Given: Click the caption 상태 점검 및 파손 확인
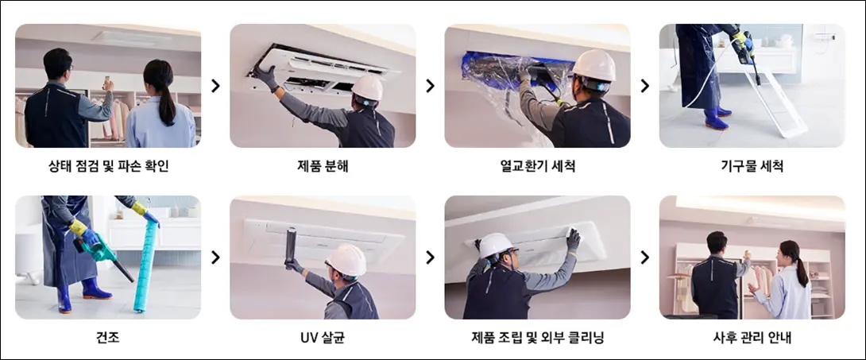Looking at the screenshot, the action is (x=108, y=165).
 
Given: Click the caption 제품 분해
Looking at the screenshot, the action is (x=323, y=165).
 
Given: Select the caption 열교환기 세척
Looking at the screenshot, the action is (x=537, y=165).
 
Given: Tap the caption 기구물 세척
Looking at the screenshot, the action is (x=752, y=165).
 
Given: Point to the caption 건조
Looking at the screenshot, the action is (x=108, y=338).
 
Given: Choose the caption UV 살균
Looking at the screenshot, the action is (x=323, y=338).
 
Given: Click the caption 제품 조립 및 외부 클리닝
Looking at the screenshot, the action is (x=537, y=338).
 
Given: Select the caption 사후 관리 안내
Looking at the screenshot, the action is (x=752, y=338).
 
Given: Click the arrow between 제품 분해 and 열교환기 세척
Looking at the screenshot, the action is (x=431, y=86).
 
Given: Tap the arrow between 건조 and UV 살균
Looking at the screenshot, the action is (x=215, y=257).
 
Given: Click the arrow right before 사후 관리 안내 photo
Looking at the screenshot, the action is (x=644, y=257).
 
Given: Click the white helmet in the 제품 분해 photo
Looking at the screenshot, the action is (x=367, y=87).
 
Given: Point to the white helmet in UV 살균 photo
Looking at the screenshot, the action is (x=346, y=260).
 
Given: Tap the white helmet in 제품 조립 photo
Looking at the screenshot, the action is (x=496, y=246).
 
